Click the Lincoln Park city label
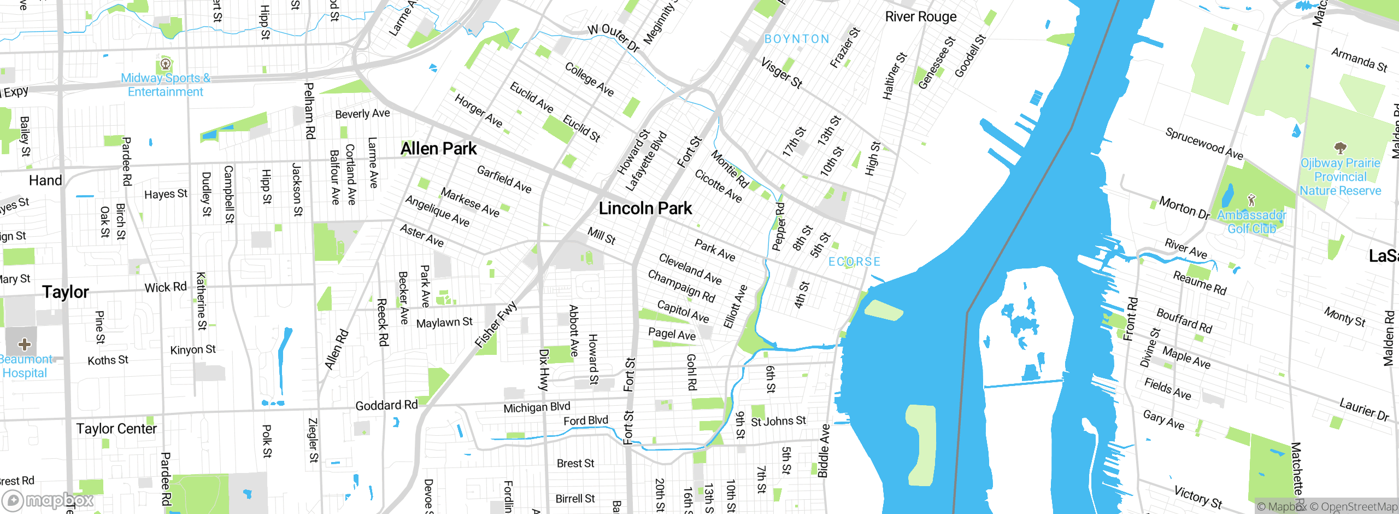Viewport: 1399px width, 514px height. pyautogui.click(x=645, y=208)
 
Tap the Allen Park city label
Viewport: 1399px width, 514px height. pyautogui.click(x=438, y=149)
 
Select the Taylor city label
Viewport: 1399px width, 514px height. pyautogui.click(x=65, y=292)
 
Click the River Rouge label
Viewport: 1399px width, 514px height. pyautogui.click(x=921, y=17)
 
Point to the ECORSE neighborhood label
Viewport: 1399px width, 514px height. pyautogui.click(x=854, y=262)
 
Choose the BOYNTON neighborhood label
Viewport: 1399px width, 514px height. pyautogui.click(x=797, y=39)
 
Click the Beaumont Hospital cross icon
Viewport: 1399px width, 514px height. pyautogui.click(x=24, y=344)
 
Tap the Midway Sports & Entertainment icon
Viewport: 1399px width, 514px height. pyautogui.click(x=165, y=64)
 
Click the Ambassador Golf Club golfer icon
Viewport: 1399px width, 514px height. pyautogui.click(x=1251, y=200)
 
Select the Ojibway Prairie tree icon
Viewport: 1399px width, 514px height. pyautogui.click(x=1340, y=148)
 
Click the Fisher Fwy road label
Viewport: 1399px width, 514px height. pyautogui.click(x=495, y=325)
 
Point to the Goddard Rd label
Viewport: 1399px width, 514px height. pyautogui.click(x=386, y=405)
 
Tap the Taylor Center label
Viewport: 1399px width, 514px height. pyautogui.click(x=116, y=429)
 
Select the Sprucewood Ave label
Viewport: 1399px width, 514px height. pyautogui.click(x=1204, y=144)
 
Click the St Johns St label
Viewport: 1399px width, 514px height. pyautogui.click(x=778, y=421)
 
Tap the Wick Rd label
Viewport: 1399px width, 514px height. pyautogui.click(x=165, y=287)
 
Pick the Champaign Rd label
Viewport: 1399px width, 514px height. pyautogui.click(x=681, y=285)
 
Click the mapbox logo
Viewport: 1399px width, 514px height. pyautogui.click(x=48, y=500)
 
